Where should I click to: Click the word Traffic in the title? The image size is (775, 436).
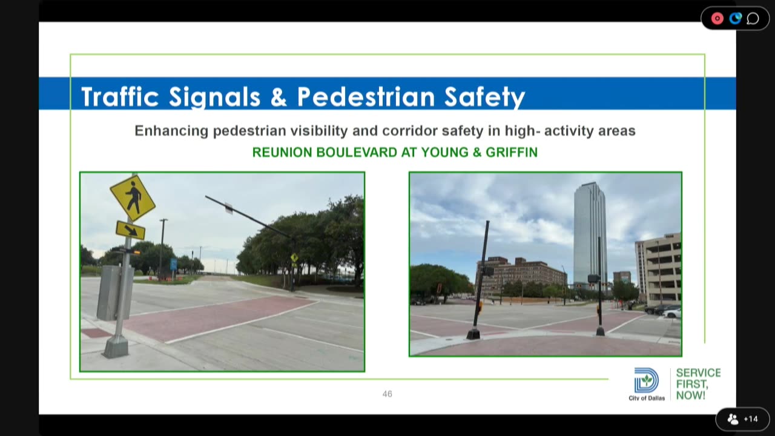120,96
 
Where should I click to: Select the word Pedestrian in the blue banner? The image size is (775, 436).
366,96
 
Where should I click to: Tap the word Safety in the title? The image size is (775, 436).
485,97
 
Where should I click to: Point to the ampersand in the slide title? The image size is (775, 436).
279,97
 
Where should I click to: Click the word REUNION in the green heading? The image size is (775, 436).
282,152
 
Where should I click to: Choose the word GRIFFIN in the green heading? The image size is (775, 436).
512,152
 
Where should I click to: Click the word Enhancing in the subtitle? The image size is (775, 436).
171,131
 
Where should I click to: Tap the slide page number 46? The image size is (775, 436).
387,394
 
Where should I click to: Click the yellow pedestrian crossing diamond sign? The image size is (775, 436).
133,198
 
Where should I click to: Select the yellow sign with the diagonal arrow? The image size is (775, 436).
130,230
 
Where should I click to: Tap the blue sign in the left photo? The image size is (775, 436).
173,265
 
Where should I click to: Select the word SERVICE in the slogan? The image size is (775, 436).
698,372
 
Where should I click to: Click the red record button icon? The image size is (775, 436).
717,18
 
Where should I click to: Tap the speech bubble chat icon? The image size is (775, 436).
753,18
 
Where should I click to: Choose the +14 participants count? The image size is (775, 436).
751,419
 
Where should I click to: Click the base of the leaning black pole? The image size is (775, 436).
473,334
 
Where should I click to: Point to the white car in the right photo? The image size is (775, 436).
672,313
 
